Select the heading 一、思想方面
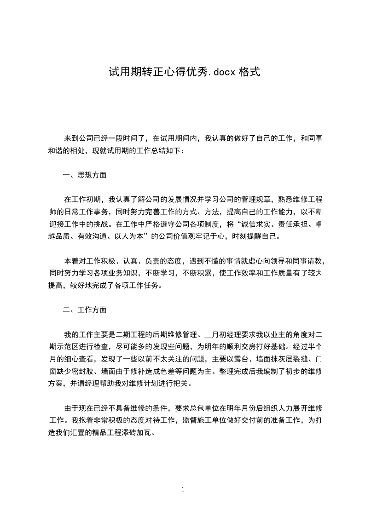[85, 175]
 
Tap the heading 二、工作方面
[85, 310]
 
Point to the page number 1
[183, 490]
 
